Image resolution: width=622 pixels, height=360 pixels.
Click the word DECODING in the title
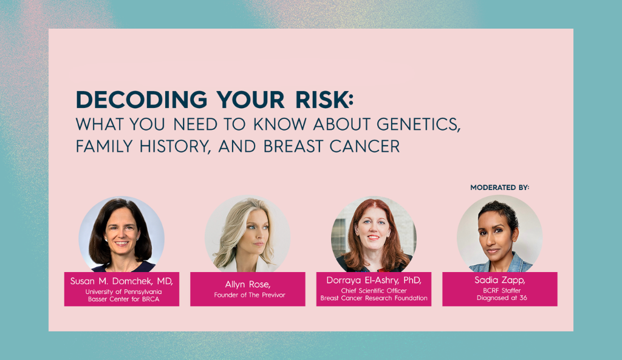pyautogui.click(x=142, y=100)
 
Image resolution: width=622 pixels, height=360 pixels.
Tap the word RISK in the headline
pyautogui.click(x=322, y=100)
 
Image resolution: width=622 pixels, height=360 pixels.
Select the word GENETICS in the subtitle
pyautogui.click(x=419, y=124)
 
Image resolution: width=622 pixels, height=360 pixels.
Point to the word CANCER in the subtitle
pyautogui.click(x=364, y=146)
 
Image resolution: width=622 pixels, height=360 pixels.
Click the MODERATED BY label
pyautogui.click(x=499, y=188)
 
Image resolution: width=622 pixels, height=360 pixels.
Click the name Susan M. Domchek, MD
pyautogui.click(x=121, y=281)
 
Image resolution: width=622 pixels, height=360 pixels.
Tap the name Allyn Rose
pyautogui.click(x=248, y=284)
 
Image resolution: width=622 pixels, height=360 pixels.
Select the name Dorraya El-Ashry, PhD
pyautogui.click(x=374, y=280)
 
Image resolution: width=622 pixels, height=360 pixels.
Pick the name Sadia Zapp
pyautogui.click(x=500, y=280)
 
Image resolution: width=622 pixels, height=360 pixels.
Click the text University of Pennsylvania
pyautogui.click(x=123, y=292)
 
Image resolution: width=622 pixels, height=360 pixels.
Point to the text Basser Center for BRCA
pyautogui.click(x=123, y=299)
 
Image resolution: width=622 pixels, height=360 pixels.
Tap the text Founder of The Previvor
pyautogui.click(x=250, y=295)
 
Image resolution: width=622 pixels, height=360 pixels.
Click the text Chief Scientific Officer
pyautogui.click(x=374, y=291)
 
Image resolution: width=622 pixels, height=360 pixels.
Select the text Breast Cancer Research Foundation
pyautogui.click(x=374, y=298)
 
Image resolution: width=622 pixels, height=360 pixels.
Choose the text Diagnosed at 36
pyautogui.click(x=502, y=297)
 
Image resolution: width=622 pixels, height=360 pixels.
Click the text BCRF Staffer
pyautogui.click(x=502, y=291)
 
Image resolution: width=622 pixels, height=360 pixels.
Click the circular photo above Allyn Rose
pyautogui.click(x=248, y=234)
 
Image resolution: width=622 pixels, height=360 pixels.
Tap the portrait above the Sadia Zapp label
pyautogui.click(x=500, y=234)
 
